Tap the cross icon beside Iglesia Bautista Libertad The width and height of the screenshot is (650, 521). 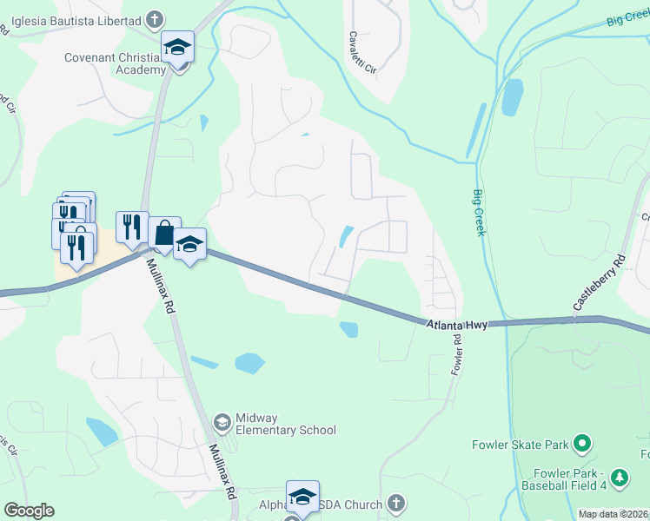[155, 18]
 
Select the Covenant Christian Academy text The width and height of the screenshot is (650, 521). [115, 63]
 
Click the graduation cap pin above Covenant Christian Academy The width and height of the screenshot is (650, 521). [177, 48]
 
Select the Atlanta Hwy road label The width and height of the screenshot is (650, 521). [455, 324]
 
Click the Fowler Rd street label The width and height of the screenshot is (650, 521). [454, 351]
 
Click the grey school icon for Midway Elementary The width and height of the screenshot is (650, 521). [222, 423]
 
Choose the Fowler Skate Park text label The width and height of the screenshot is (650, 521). [520, 445]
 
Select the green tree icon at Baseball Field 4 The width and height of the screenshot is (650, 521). [619, 478]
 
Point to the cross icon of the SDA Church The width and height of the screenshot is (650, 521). [395, 504]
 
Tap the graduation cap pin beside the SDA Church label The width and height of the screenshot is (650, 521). [302, 498]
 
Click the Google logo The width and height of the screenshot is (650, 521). [29, 511]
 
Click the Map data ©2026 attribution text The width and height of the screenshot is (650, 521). [614, 514]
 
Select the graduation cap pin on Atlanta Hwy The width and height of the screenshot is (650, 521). [189, 245]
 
